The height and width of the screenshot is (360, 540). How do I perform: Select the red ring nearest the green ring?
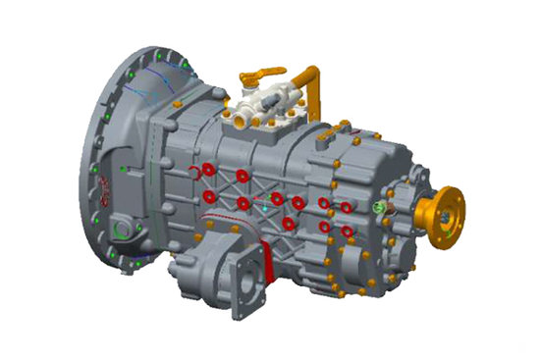click(x=346, y=207)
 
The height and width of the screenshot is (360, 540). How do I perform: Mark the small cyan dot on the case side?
click(x=263, y=208)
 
